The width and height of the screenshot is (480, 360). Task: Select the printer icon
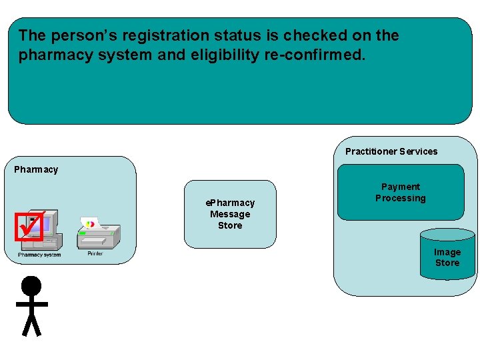tap(97, 234)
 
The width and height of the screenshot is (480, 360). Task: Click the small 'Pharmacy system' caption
tap(39, 255)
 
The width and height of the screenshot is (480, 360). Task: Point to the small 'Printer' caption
tap(95, 254)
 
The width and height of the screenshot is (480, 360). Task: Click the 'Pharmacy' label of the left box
tap(36, 169)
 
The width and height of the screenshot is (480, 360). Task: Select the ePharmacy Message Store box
tap(230, 214)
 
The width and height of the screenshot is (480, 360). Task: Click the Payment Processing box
tap(400, 193)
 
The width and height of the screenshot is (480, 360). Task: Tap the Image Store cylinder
tap(447, 257)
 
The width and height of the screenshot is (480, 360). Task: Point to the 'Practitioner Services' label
tap(391, 151)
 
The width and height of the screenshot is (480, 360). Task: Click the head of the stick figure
tap(31, 286)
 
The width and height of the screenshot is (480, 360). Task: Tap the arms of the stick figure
tap(31, 304)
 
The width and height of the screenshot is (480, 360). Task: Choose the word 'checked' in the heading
tap(325, 35)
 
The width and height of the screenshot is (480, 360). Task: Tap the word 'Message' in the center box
tap(230, 214)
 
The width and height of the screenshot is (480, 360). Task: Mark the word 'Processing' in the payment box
tap(400, 198)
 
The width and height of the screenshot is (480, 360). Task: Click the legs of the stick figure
tap(31, 325)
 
